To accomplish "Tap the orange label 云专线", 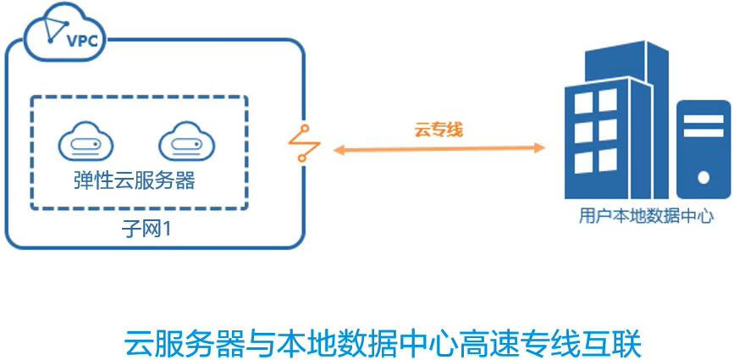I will [x=438, y=130].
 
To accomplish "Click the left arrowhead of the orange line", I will [x=337, y=150].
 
